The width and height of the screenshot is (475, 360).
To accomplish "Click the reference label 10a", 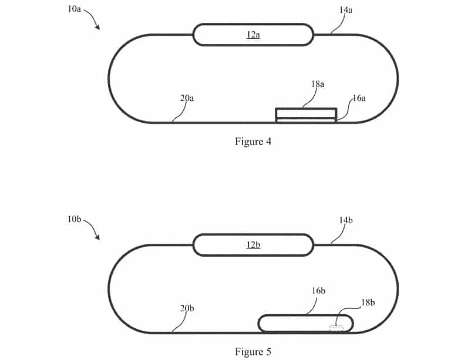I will click(74, 9).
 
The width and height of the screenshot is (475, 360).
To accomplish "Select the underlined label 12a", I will click(252, 35).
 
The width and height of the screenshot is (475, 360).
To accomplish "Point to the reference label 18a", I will click(317, 84).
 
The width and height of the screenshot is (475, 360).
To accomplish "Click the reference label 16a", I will click(358, 98).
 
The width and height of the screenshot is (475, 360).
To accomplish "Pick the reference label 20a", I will click(187, 98).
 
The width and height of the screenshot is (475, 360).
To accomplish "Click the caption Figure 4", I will click(253, 142).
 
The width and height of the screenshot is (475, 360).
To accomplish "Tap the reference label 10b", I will click(74, 219).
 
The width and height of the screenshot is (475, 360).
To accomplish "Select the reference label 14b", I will click(345, 220).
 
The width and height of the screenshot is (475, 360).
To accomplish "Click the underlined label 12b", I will click(252, 245).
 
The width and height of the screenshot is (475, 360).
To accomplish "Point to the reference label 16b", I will click(319, 291).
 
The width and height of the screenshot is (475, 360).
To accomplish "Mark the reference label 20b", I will click(187, 308).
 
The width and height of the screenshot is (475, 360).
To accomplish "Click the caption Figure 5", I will click(253, 352).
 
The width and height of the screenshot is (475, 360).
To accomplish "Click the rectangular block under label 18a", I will click(306, 113).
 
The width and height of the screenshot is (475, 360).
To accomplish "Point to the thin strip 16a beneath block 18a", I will click(306, 120).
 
